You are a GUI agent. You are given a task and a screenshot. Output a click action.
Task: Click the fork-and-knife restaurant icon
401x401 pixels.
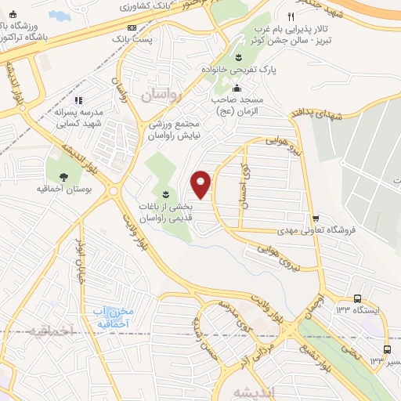click(291, 16)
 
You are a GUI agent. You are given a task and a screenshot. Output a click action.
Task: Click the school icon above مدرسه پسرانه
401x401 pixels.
click(78, 100)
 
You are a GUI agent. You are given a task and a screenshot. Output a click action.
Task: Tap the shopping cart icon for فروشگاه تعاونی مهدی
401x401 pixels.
click(316, 219)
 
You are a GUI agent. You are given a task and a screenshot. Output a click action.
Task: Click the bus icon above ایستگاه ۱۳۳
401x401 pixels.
click(357, 298)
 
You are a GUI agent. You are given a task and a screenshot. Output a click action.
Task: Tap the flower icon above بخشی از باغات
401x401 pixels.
click(164, 193)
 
